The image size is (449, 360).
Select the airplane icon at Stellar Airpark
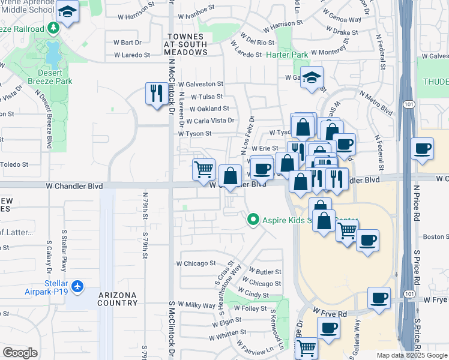pos(76,287)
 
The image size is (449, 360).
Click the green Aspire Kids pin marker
pos(254,220)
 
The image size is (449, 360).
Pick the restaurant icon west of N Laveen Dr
pos(156,93)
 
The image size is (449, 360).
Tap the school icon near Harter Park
pos(312,77)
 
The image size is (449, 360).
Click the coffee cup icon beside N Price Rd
pos(423,148)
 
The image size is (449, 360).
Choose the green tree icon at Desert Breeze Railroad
pos(53,28)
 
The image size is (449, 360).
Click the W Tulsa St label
pos(206,97)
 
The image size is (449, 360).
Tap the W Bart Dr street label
pos(127,43)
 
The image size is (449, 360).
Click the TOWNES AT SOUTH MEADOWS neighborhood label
pos(186,44)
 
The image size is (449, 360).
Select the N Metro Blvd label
pos(376,103)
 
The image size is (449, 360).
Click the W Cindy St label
pos(256,295)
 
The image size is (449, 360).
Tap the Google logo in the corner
pos(20,353)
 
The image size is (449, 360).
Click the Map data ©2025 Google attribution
pos(412,355)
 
